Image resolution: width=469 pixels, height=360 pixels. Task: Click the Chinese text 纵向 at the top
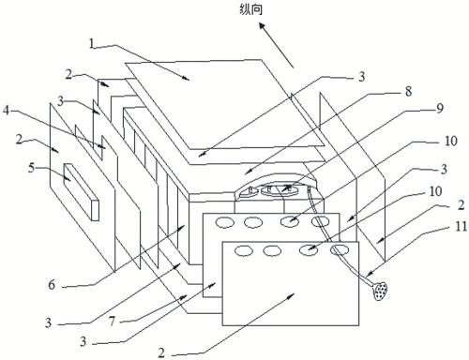click(250, 9)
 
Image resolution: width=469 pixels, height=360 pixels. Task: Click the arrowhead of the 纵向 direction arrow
click(263, 26)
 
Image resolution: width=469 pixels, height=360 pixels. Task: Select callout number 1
click(91, 43)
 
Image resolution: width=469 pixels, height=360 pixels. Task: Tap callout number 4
click(6, 110)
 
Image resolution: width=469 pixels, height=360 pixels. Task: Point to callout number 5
click(31, 168)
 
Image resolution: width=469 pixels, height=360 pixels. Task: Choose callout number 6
click(52, 285)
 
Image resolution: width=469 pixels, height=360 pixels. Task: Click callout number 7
click(112, 321)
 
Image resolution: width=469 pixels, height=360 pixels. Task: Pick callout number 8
click(408, 91)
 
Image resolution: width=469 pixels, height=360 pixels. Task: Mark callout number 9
click(440, 109)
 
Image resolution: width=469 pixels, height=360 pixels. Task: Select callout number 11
click(461, 226)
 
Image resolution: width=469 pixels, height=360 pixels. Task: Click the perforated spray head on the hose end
click(381, 291)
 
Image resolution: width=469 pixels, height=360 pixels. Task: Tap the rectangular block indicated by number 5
click(82, 191)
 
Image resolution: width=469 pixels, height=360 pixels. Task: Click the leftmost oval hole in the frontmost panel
click(244, 250)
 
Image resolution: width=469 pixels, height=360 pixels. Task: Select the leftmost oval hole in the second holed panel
click(225, 222)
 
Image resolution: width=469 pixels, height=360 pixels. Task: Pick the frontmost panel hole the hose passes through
click(340, 250)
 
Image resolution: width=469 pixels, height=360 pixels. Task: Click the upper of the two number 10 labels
click(450, 141)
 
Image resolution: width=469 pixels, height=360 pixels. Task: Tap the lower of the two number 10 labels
click(435, 191)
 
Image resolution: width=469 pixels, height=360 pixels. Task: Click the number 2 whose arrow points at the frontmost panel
click(161, 352)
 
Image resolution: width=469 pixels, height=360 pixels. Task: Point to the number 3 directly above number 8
click(361, 76)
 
